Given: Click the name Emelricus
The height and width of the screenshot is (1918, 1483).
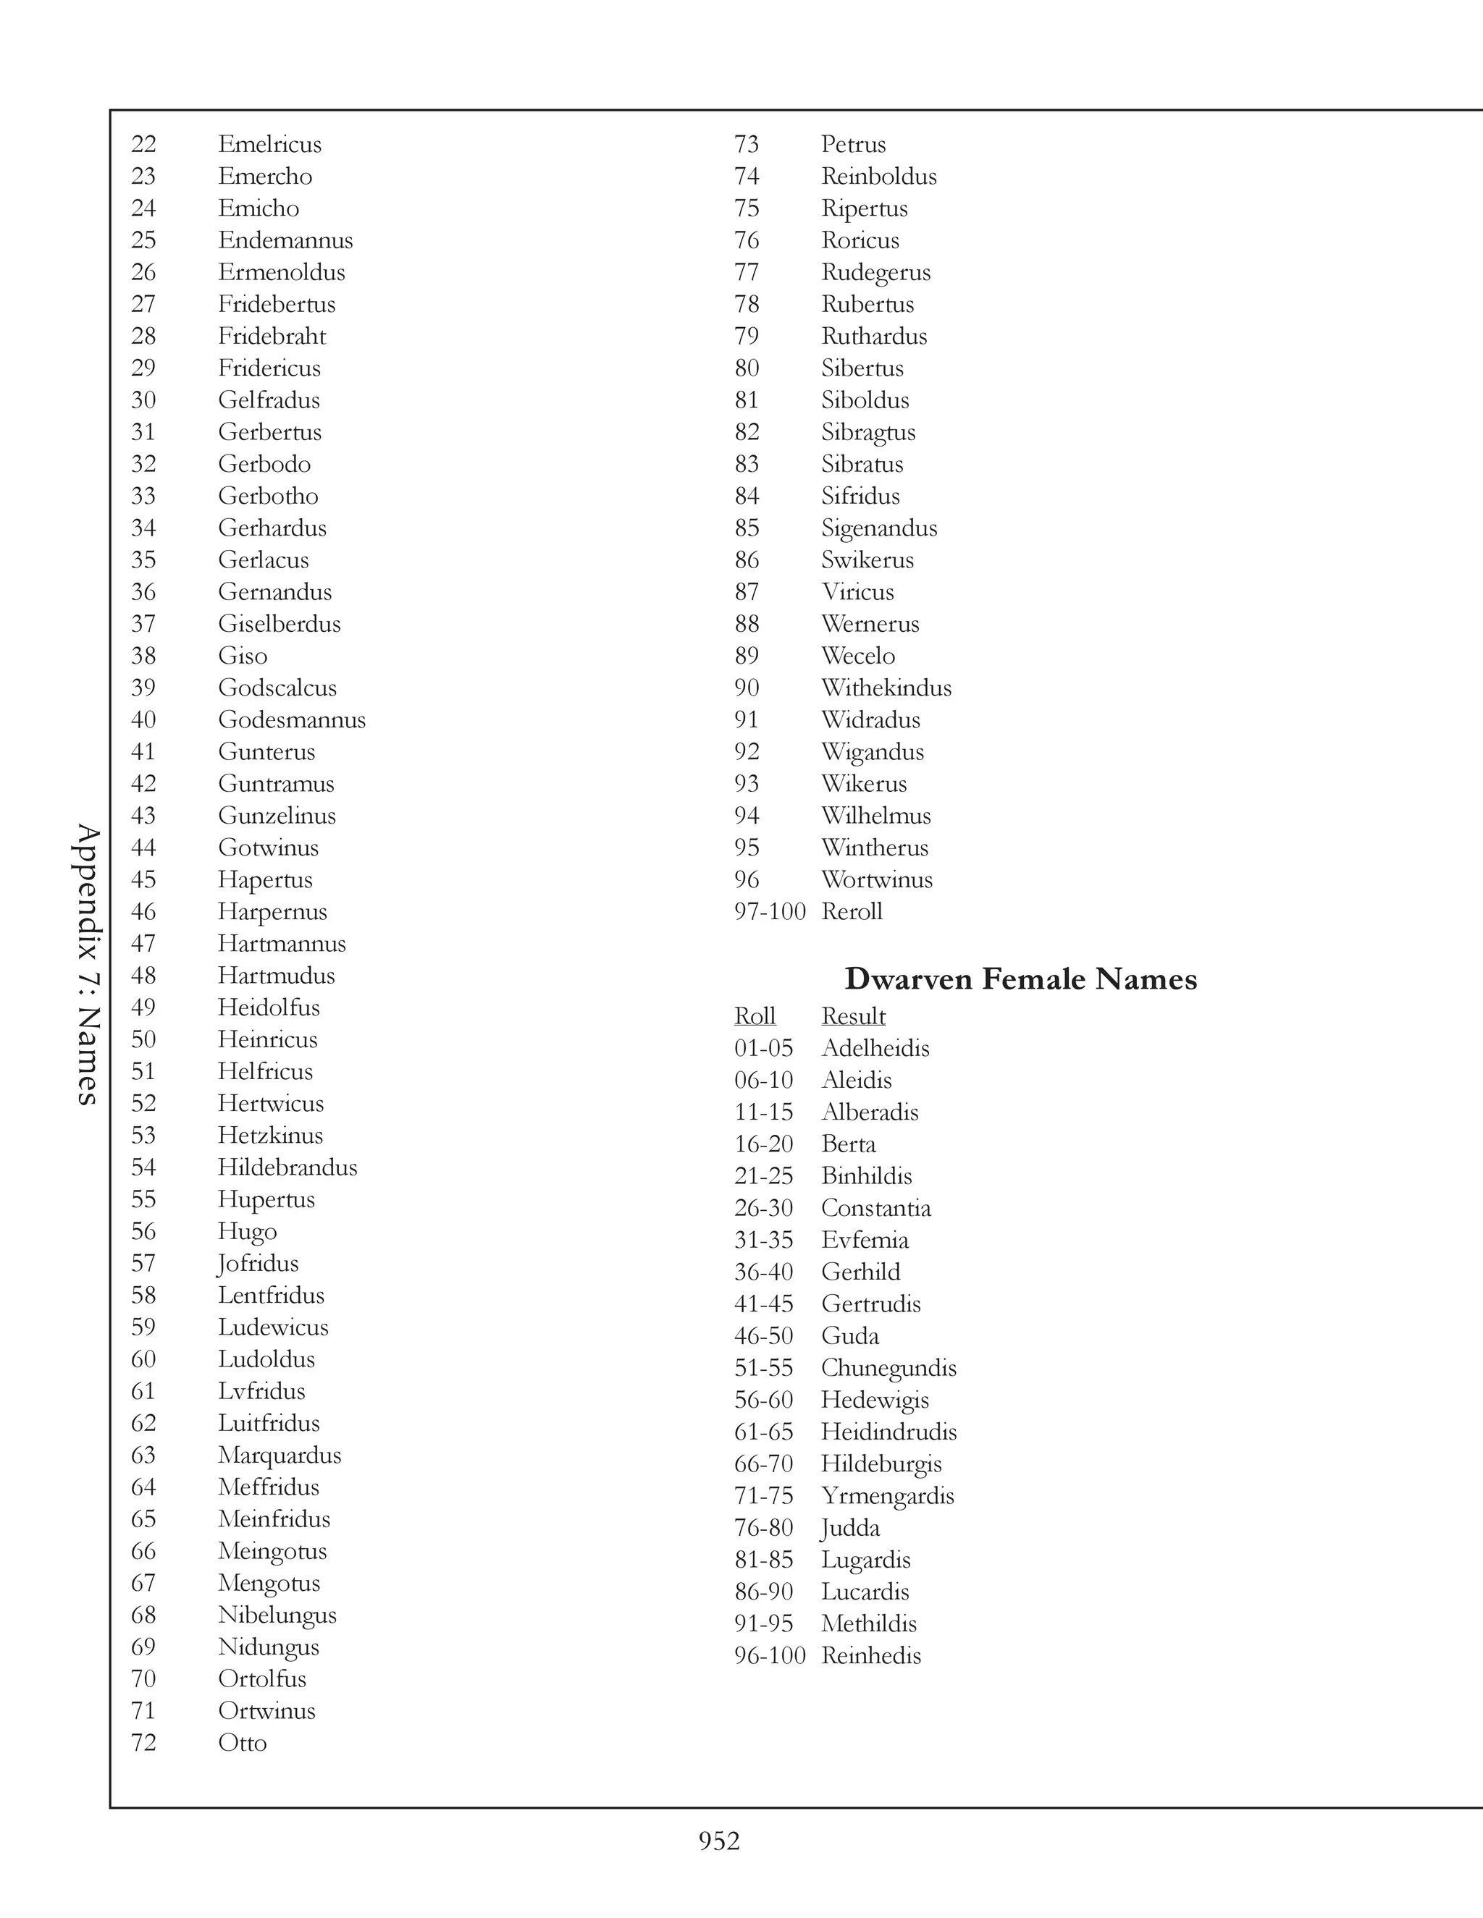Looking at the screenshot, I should [x=269, y=144].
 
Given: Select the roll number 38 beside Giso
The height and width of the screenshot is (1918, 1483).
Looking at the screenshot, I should [x=143, y=656].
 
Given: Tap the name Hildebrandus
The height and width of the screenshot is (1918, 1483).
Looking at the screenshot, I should [x=287, y=1167].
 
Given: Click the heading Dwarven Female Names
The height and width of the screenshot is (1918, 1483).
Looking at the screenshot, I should [x=1020, y=979].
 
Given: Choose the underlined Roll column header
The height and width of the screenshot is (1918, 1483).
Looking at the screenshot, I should [x=755, y=1016].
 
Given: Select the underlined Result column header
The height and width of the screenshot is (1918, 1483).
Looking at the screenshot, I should [x=853, y=1016].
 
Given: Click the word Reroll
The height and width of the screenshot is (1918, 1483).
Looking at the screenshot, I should [x=852, y=911].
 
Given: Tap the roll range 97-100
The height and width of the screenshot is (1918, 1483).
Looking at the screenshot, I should [x=770, y=911].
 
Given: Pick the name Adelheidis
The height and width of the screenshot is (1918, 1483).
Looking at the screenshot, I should [x=875, y=1048].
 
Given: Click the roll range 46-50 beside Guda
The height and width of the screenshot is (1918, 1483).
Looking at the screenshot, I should [x=763, y=1336].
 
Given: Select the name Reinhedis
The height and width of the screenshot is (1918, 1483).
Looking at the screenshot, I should [x=870, y=1655].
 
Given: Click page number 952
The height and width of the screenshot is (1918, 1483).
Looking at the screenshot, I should [x=718, y=1841].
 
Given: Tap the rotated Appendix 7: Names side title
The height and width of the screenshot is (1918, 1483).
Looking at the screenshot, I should [x=88, y=963].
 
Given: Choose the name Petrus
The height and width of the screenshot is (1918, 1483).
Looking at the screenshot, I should [x=853, y=144].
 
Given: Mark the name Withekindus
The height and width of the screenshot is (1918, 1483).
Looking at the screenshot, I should [x=886, y=688].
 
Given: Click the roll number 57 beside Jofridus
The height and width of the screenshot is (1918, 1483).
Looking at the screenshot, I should [x=143, y=1264].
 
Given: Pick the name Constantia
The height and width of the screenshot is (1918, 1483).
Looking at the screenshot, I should [x=876, y=1209].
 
